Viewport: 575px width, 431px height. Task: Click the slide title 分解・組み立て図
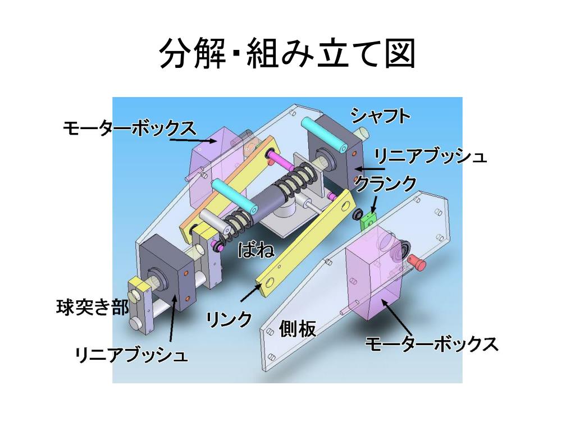(x=287, y=54)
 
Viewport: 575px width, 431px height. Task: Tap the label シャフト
(x=381, y=116)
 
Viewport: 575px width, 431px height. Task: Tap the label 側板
(x=297, y=329)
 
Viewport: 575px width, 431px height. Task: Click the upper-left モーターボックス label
(x=130, y=129)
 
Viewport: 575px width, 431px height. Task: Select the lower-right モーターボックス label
(x=432, y=344)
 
